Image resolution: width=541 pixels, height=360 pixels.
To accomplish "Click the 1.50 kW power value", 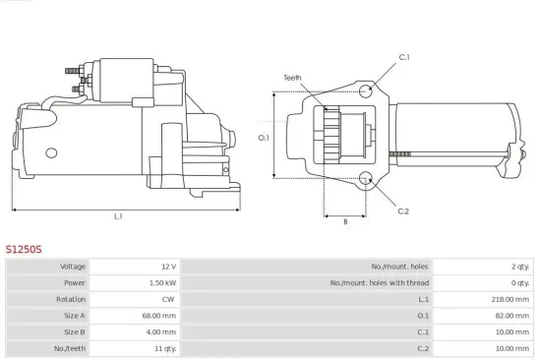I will [162, 282].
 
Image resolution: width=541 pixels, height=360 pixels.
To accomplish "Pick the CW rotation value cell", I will [168, 299].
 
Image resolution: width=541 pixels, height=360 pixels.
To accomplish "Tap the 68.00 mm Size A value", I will [160, 316].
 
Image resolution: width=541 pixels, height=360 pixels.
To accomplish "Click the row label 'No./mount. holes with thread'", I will [393, 282].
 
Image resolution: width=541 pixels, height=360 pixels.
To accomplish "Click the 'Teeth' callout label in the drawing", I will [292, 78].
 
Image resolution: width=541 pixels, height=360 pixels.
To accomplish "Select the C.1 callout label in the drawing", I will [403, 57].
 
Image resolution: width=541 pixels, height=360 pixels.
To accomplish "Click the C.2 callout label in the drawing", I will [403, 210].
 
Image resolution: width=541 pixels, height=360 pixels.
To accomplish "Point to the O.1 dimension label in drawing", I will [264, 137].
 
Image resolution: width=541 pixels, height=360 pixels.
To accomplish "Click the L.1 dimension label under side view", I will [118, 215].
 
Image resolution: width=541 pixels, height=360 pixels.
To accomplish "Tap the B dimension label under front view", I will [345, 221].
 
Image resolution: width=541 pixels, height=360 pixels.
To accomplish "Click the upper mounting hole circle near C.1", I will [366, 91].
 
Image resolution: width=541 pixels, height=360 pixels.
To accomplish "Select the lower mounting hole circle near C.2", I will [366, 179].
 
